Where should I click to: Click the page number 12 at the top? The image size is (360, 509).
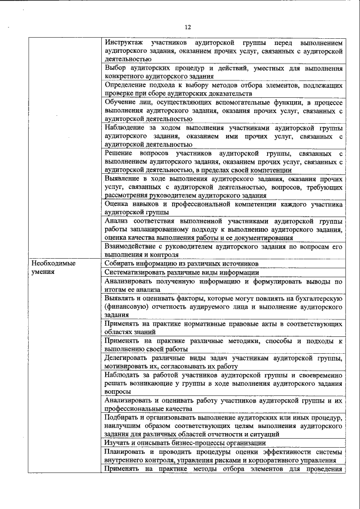click(x=188, y=27)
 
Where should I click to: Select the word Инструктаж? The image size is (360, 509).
click(x=124, y=43)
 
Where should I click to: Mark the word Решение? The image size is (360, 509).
click(x=119, y=152)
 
